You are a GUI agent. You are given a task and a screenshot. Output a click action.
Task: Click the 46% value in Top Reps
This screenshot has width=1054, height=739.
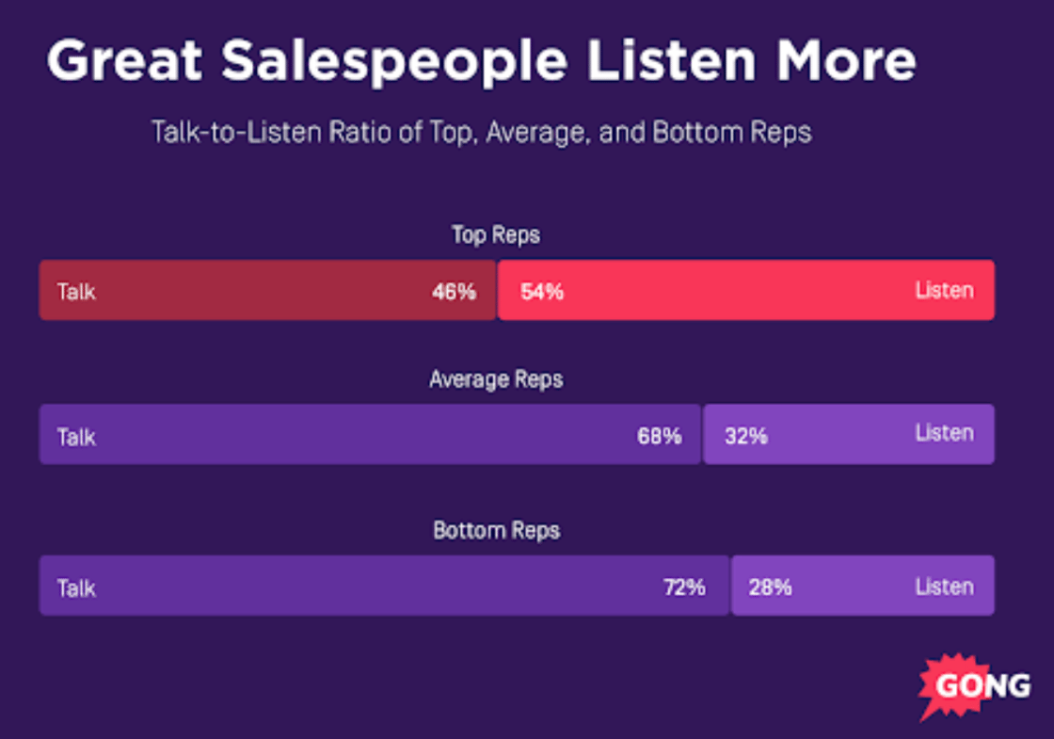pos(454,292)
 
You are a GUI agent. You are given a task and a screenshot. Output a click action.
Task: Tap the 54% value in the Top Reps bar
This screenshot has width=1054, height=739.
pos(542,292)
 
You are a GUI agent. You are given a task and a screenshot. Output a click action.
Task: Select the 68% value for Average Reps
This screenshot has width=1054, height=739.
pos(659,437)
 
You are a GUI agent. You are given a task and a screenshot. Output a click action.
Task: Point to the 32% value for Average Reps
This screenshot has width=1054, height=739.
pos(746,437)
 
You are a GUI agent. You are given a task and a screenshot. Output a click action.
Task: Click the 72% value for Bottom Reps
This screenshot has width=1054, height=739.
pos(683,587)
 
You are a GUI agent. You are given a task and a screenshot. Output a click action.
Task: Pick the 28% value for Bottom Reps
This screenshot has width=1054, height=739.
pos(770,587)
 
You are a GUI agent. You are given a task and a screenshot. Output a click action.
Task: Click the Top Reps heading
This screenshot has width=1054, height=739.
pos(496,234)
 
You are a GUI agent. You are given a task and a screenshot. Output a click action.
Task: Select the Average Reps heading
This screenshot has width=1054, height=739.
pos(496,379)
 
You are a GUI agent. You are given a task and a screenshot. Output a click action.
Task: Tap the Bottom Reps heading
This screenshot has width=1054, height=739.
pos(496,530)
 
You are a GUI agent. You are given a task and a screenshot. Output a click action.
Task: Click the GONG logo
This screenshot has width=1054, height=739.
pos(974,684)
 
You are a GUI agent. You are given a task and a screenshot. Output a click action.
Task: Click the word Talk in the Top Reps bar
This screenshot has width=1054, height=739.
pos(76,292)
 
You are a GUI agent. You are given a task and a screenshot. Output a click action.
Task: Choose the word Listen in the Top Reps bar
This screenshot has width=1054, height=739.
pos(944,290)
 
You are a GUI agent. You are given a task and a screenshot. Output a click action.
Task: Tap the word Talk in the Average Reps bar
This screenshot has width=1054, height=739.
pos(76,437)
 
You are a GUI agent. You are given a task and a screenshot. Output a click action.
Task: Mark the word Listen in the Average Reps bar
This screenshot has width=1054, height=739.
pos(944,433)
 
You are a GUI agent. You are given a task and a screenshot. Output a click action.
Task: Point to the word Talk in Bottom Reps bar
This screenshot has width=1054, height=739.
pos(76,588)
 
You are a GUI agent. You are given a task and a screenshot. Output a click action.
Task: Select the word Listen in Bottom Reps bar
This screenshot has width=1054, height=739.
pos(944,586)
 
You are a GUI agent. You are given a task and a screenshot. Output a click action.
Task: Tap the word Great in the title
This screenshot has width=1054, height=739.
pos(125,61)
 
